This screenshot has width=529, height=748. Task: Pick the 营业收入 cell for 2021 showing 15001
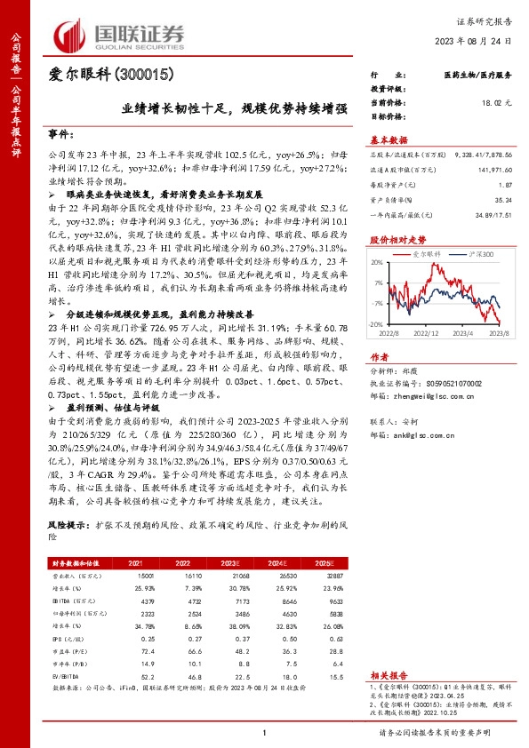[x=133, y=576]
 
